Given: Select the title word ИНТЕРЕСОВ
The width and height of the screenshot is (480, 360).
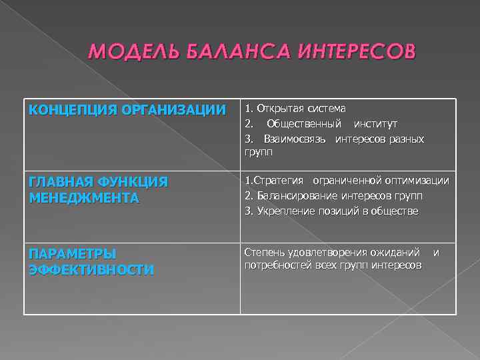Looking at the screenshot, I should (347, 52).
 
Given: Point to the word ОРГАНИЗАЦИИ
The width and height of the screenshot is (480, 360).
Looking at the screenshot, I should (180, 110).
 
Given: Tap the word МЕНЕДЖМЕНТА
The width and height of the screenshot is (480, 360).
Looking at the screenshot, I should (83, 198).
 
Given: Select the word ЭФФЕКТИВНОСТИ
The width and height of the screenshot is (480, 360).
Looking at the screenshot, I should (91, 269).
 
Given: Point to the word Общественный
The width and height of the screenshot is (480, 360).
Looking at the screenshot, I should (304, 124).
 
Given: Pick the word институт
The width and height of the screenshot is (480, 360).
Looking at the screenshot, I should (375, 124).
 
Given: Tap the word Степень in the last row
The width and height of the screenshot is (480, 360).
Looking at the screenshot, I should (264, 252).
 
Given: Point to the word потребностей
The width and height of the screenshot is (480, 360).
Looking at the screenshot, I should (281, 265).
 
